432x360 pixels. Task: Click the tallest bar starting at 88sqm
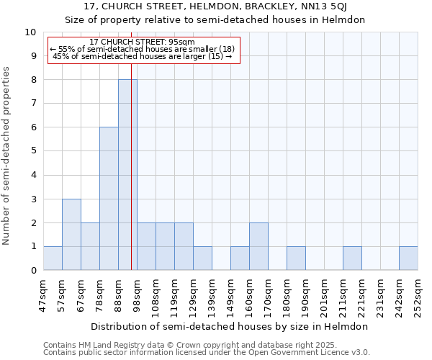point(127,175)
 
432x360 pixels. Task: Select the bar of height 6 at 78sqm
point(109,199)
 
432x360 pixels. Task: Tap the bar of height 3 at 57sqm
point(71,235)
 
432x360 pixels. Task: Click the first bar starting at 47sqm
point(53,258)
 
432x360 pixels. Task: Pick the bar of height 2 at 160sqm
point(258,246)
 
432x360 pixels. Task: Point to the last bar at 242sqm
point(408,258)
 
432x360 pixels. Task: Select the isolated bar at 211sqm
point(352,258)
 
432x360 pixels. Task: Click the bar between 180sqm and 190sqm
point(296,258)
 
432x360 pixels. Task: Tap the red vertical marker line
point(132,180)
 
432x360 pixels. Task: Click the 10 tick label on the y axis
point(30,32)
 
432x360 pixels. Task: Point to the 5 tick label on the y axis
point(33,151)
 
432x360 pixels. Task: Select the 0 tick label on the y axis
point(33,271)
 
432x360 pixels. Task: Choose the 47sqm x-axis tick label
point(43,294)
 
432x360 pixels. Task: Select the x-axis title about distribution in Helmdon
point(230,326)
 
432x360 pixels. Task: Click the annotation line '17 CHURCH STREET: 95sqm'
point(142,42)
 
